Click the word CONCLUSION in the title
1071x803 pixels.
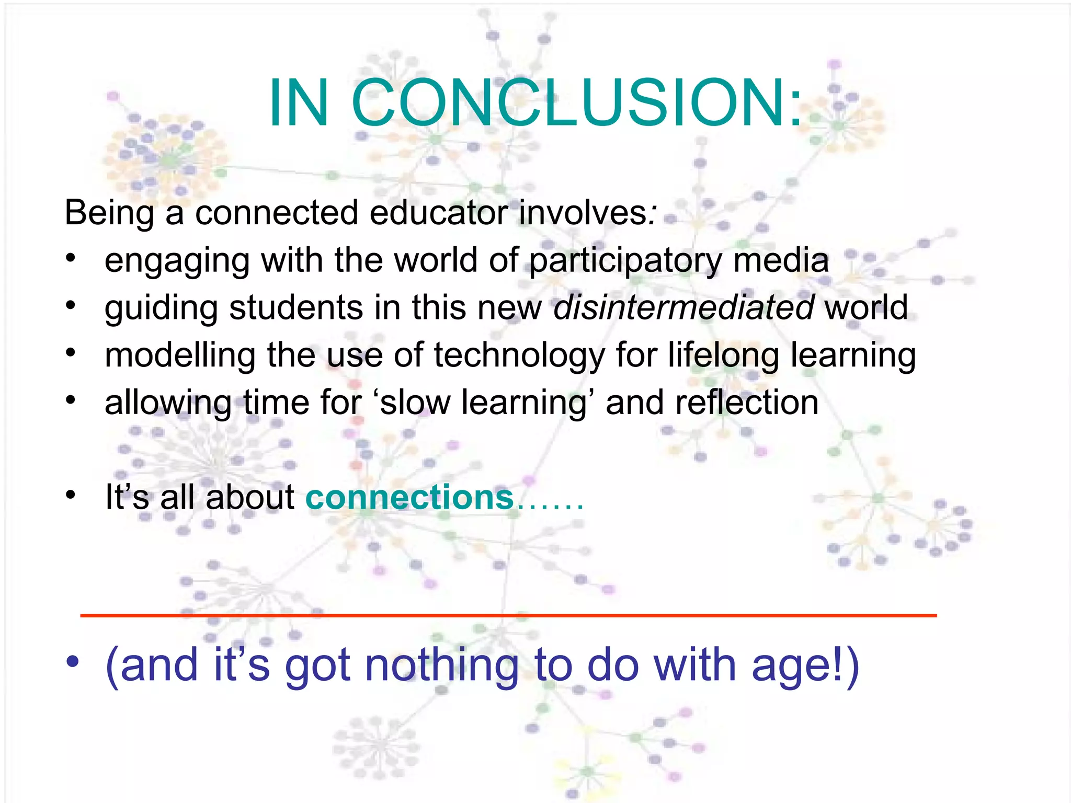[578, 102]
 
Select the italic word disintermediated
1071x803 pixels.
[683, 307]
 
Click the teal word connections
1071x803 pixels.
[409, 497]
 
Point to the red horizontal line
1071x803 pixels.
[508, 615]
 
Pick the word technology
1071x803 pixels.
[519, 355]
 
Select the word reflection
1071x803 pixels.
[747, 403]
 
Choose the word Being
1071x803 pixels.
[109, 213]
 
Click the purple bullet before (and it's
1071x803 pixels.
[72, 661]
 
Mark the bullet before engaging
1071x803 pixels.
[71, 258]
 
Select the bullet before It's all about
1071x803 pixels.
[71, 494]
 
